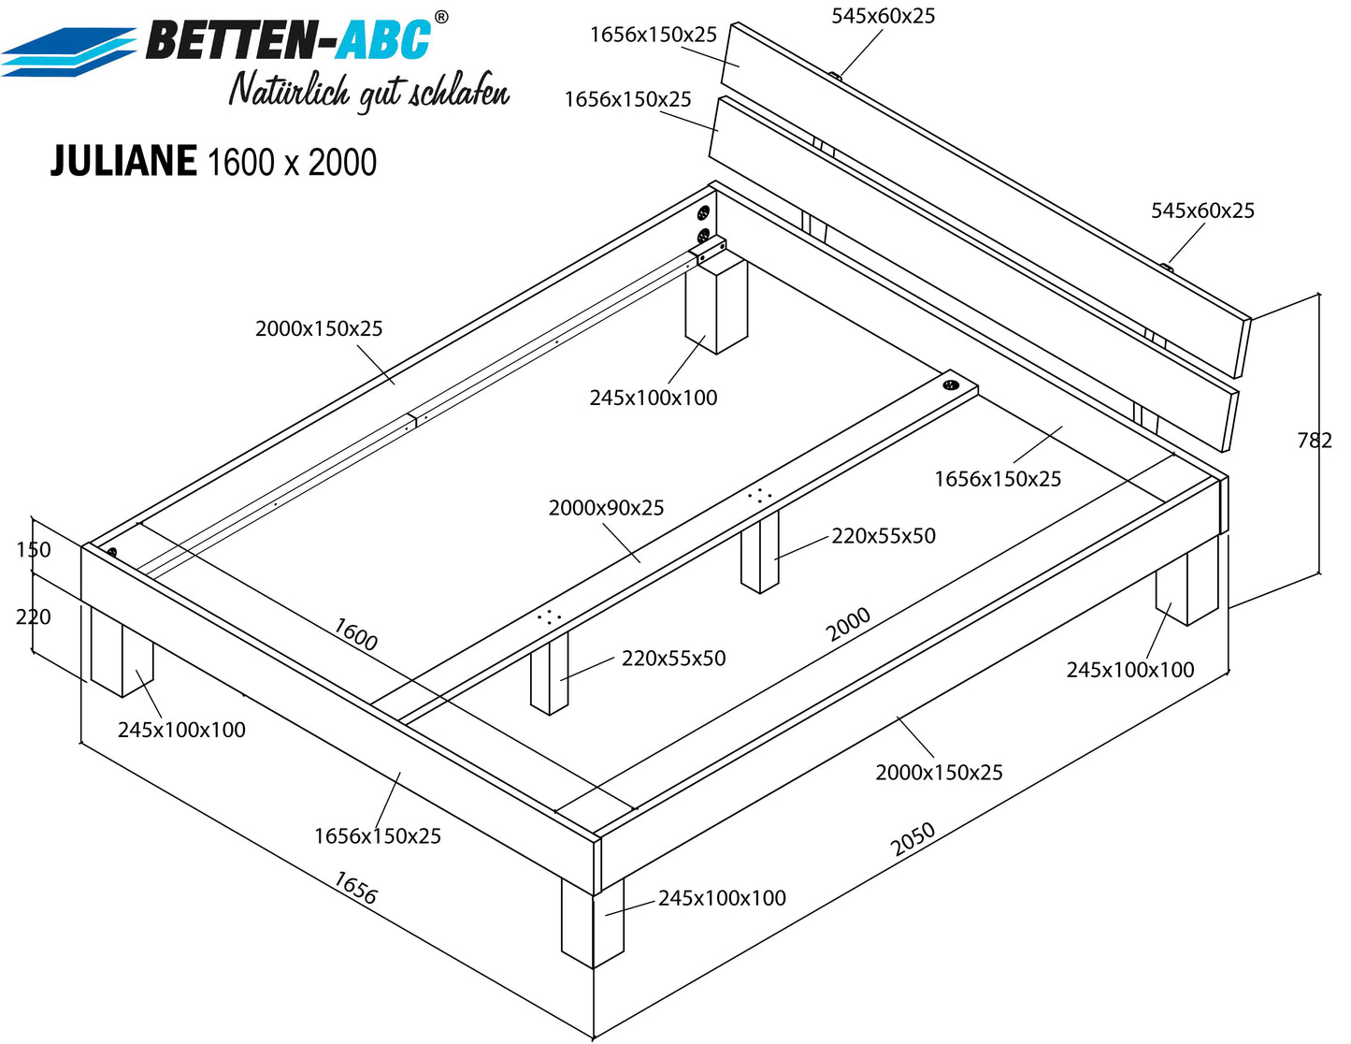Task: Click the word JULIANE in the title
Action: point(123,161)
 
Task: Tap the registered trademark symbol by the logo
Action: point(440,18)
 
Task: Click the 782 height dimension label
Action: point(1315,441)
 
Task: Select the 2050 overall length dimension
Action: point(913,839)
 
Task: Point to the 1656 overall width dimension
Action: point(355,888)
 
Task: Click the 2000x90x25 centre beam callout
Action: point(606,508)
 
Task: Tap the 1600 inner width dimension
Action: point(355,633)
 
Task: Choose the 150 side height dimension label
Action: point(34,550)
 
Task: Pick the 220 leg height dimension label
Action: point(34,616)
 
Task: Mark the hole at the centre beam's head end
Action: point(951,384)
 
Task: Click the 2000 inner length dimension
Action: point(848,624)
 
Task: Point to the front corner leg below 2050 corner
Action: point(593,922)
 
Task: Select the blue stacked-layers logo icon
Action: point(68,52)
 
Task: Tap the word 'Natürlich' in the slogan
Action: point(289,90)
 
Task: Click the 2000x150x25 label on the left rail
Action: point(319,328)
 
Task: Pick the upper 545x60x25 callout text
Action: point(884,16)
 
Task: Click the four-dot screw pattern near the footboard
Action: point(550,616)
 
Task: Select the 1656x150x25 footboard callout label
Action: point(378,835)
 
